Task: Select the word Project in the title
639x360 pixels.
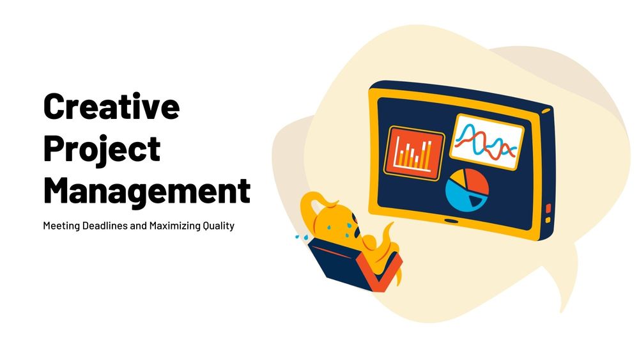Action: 102,148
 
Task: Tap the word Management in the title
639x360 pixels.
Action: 146,190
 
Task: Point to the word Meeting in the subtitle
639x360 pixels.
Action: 61,226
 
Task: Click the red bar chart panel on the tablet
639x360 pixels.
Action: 413,151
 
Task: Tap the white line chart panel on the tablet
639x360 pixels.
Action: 486,141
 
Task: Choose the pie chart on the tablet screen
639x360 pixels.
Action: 466,191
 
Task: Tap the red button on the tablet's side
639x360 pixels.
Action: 548,208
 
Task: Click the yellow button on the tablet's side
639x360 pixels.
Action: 548,220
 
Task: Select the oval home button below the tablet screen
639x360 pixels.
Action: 452,221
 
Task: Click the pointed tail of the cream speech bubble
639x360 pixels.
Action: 562,301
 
